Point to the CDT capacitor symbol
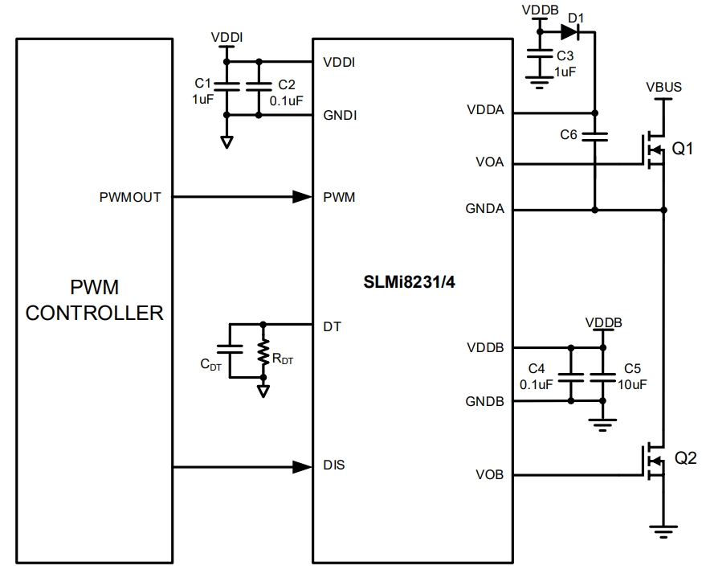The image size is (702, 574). (230, 351)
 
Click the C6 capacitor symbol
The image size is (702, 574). (594, 136)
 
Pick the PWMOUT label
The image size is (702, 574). (130, 196)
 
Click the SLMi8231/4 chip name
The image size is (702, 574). (412, 283)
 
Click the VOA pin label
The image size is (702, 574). (489, 162)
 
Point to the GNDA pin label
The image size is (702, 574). (484, 209)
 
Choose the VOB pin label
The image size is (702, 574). (489, 474)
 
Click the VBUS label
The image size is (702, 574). (663, 87)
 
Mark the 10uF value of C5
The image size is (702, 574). (632, 384)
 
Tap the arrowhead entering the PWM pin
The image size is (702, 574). (302, 196)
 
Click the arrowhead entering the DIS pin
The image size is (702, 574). (302, 465)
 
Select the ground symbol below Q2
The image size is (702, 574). (662, 529)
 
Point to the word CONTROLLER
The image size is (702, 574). (95, 313)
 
